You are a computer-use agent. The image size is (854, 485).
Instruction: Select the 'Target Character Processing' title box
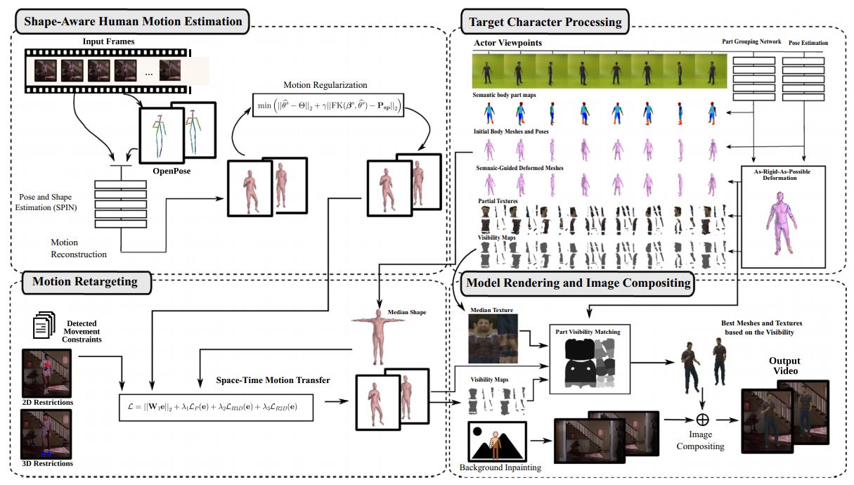click(545, 21)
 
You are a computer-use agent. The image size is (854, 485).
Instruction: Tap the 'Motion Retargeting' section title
click(84, 283)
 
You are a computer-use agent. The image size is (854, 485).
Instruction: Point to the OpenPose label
click(172, 171)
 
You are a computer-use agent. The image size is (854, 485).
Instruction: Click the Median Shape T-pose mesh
click(375, 337)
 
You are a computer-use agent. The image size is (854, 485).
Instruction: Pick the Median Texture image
click(493, 339)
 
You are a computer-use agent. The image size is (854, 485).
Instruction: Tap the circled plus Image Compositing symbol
click(701, 419)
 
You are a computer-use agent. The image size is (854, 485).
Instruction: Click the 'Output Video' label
click(784, 366)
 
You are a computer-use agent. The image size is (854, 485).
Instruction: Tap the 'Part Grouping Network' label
click(751, 42)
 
